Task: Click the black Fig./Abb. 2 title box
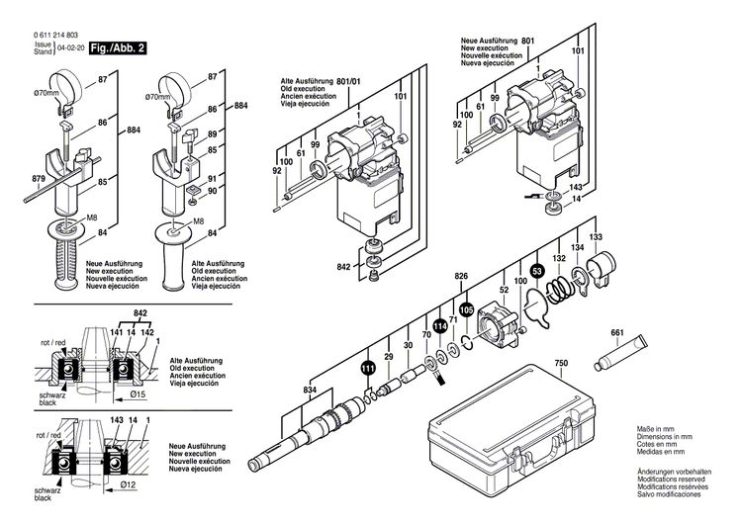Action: pos(117,47)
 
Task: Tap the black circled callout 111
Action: pos(368,368)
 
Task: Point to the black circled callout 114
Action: pos(438,325)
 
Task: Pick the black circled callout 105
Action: pos(466,308)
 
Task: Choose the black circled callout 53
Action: pos(536,270)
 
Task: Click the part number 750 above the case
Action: pos(561,364)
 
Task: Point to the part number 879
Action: pos(40,179)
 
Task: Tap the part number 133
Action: pos(596,238)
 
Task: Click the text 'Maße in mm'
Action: pos(659,428)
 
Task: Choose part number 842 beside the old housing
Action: pos(344,268)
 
